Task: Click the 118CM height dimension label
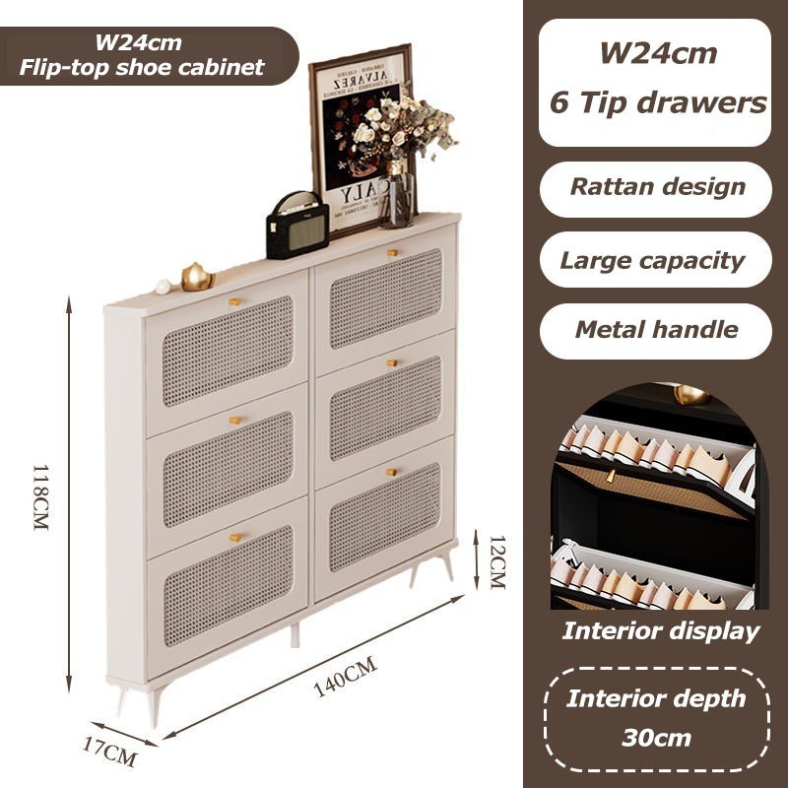39,497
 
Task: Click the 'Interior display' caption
661,631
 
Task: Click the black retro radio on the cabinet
296,227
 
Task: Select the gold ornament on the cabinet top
197,277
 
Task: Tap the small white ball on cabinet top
164,287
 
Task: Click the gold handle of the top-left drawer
235,301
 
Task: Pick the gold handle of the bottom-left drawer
235,538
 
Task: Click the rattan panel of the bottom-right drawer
385,518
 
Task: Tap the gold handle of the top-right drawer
393,252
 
